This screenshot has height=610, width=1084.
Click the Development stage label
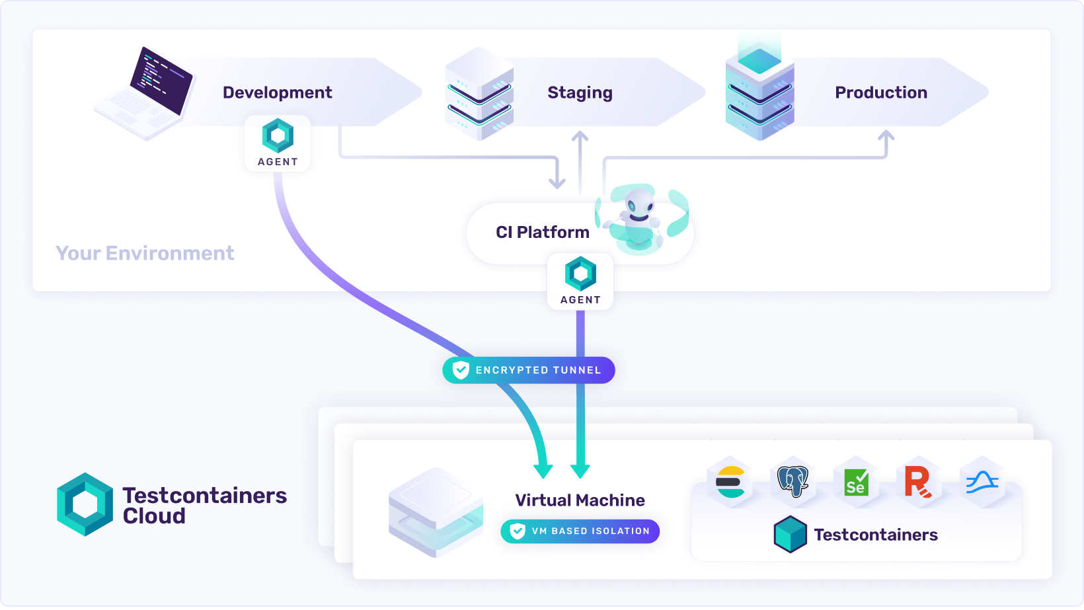277,93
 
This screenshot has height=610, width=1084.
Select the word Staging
580,93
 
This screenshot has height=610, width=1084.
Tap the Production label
880,93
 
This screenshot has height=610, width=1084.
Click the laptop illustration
147,93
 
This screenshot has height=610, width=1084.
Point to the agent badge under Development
278,143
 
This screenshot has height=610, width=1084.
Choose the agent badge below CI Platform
580,282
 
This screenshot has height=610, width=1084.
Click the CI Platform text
542,232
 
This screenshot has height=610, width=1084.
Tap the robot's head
639,201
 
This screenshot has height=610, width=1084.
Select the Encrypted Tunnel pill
529,370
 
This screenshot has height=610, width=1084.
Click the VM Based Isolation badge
580,531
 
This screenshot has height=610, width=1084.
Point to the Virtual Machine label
580,500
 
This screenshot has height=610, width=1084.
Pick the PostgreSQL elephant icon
793,481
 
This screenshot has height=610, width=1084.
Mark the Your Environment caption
145,253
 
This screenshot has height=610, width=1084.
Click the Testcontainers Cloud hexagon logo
85,504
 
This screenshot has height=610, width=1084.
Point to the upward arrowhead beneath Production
886,135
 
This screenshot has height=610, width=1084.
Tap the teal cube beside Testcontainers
790,534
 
